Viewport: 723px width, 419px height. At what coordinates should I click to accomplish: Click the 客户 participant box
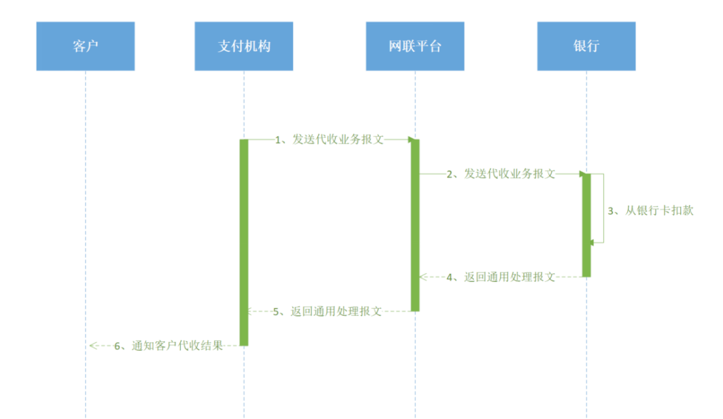point(85,46)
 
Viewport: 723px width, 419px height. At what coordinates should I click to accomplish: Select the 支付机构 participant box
point(244,46)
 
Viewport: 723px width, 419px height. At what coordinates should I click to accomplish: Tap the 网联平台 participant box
point(415,46)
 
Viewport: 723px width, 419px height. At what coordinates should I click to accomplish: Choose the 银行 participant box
point(586,46)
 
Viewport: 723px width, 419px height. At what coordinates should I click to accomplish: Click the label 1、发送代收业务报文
point(329,139)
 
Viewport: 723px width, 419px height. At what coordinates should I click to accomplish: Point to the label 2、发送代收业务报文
point(501,174)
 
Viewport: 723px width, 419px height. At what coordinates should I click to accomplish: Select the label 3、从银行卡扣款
point(651,211)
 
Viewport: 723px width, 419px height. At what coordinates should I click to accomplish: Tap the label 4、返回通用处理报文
point(501,277)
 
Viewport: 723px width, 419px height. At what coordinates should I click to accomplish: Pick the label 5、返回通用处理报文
point(327,312)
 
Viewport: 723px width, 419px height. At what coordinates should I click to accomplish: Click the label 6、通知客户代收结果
point(169,346)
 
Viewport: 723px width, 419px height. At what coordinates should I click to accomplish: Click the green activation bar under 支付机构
point(244,242)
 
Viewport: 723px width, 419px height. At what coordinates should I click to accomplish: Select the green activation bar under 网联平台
point(415,226)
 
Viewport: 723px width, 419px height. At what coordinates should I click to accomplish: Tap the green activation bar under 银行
point(586,226)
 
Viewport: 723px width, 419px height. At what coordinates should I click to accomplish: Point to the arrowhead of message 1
point(411,139)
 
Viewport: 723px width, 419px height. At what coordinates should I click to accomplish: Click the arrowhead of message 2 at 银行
point(582,174)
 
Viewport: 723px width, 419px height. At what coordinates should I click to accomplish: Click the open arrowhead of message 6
point(93,346)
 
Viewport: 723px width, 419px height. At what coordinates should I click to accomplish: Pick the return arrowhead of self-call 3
point(592,242)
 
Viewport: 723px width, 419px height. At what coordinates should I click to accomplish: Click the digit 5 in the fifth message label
point(276,312)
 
